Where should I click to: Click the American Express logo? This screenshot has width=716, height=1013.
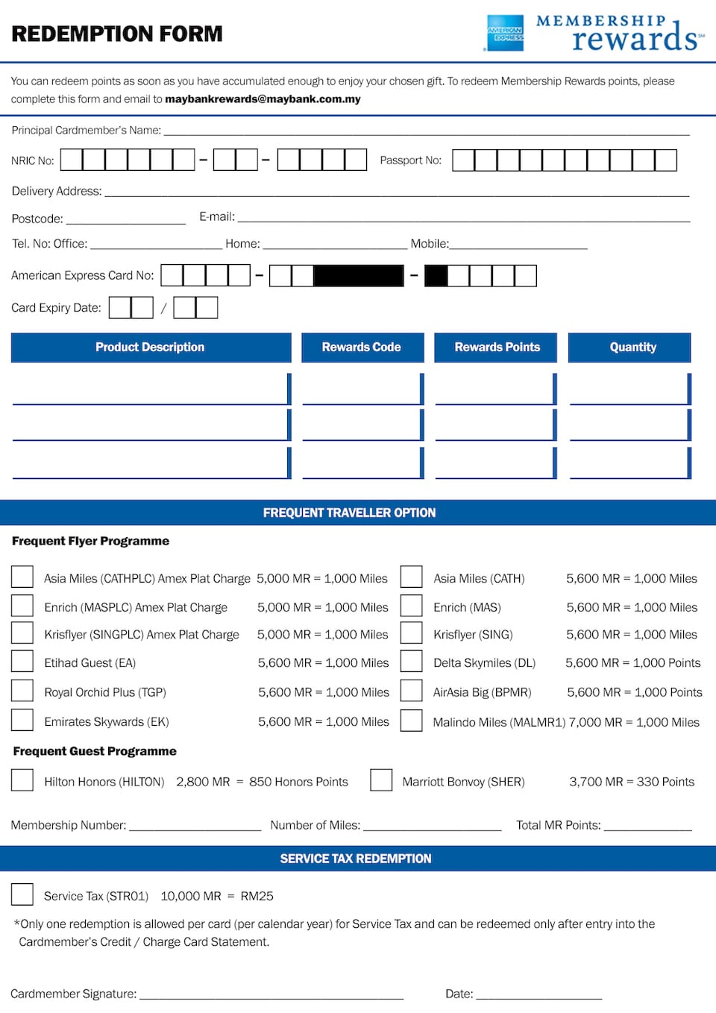[505, 34]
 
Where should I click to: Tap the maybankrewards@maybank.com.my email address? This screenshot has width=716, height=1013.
[263, 99]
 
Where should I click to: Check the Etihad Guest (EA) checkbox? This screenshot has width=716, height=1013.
[22, 662]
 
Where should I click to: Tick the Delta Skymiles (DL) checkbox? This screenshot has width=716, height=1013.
[411, 662]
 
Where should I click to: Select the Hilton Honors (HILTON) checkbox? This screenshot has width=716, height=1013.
[22, 780]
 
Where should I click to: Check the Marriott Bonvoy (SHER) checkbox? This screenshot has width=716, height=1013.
[381, 780]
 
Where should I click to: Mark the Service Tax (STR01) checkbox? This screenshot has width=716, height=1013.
[22, 894]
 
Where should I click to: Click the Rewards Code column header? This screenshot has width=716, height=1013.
[362, 347]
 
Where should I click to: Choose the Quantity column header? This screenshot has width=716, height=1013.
[632, 347]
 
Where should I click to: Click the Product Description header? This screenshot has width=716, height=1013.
[150, 347]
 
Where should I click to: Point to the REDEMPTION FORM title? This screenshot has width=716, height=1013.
[117, 34]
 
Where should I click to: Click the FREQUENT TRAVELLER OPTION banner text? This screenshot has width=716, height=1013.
[349, 512]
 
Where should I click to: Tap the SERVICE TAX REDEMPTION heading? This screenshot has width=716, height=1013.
[356, 859]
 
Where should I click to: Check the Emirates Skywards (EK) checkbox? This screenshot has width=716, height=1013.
[22, 721]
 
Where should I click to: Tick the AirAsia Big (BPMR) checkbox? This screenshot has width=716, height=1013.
[411, 691]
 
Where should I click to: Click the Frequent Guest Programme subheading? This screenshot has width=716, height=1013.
[95, 751]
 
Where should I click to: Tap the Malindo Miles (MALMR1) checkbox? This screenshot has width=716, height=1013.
[411, 721]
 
